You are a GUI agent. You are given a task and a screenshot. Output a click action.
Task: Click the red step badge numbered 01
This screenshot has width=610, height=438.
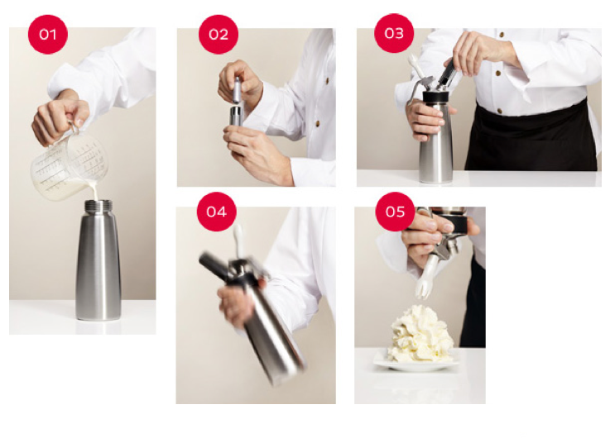tap(48, 35)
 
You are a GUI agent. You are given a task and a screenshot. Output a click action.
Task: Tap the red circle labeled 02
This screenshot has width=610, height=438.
tap(219, 35)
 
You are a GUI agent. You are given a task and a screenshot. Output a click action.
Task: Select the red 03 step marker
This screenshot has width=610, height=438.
tap(394, 33)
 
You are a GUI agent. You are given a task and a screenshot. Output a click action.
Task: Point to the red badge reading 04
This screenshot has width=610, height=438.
tap(217, 212)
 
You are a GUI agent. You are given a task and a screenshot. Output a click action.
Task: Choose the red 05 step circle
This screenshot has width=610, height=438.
tap(396, 212)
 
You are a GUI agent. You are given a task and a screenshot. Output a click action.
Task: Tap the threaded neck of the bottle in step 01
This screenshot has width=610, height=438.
tap(98, 206)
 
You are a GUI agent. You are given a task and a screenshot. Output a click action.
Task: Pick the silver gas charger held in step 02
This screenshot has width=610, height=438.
tap(237, 90)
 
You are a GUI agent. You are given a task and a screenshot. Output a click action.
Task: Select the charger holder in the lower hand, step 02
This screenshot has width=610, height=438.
tap(235, 116)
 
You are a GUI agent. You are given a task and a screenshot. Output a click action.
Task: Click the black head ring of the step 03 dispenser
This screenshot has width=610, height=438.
tap(438, 97)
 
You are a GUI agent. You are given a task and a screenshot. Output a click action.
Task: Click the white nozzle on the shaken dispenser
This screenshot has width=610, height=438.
tap(238, 240)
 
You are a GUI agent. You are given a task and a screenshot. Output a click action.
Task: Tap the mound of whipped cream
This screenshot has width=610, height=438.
tap(420, 334)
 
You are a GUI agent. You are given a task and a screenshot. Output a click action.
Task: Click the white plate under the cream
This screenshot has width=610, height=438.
tap(415, 364)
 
